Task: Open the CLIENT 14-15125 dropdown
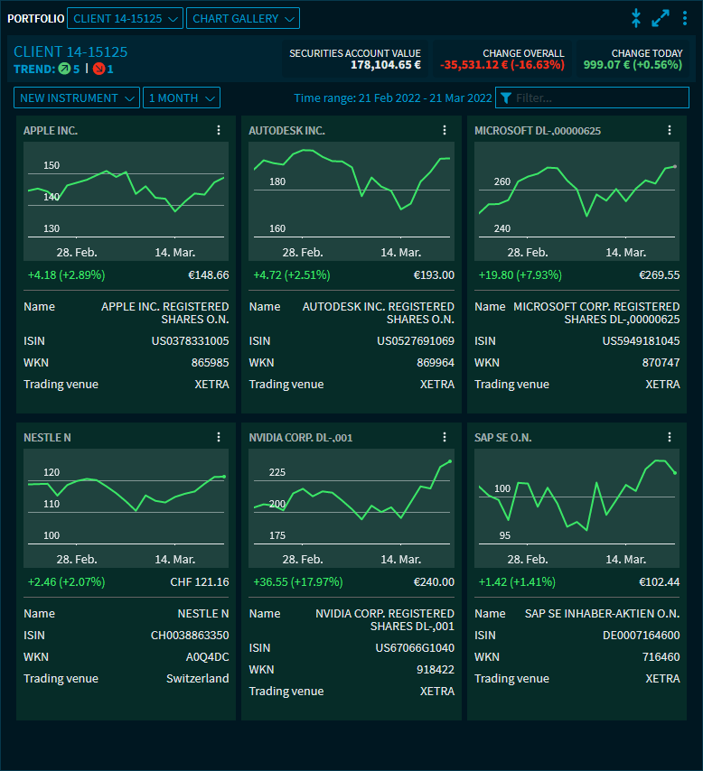126,18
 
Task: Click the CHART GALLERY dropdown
242,18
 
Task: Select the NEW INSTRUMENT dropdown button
77,98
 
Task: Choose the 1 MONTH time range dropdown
181,98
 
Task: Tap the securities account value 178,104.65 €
386,65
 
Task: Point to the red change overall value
501,65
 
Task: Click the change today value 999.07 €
633,65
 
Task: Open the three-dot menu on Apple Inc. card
219,130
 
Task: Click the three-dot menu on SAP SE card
670,437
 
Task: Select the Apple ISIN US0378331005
190,340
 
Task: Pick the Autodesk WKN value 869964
435,362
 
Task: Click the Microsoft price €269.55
659,275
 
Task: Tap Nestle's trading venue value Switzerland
197,678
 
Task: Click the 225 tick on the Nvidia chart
277,472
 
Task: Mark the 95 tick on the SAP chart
505,535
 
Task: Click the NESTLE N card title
47,438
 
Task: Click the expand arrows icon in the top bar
661,18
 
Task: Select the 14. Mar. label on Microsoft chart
625,253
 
